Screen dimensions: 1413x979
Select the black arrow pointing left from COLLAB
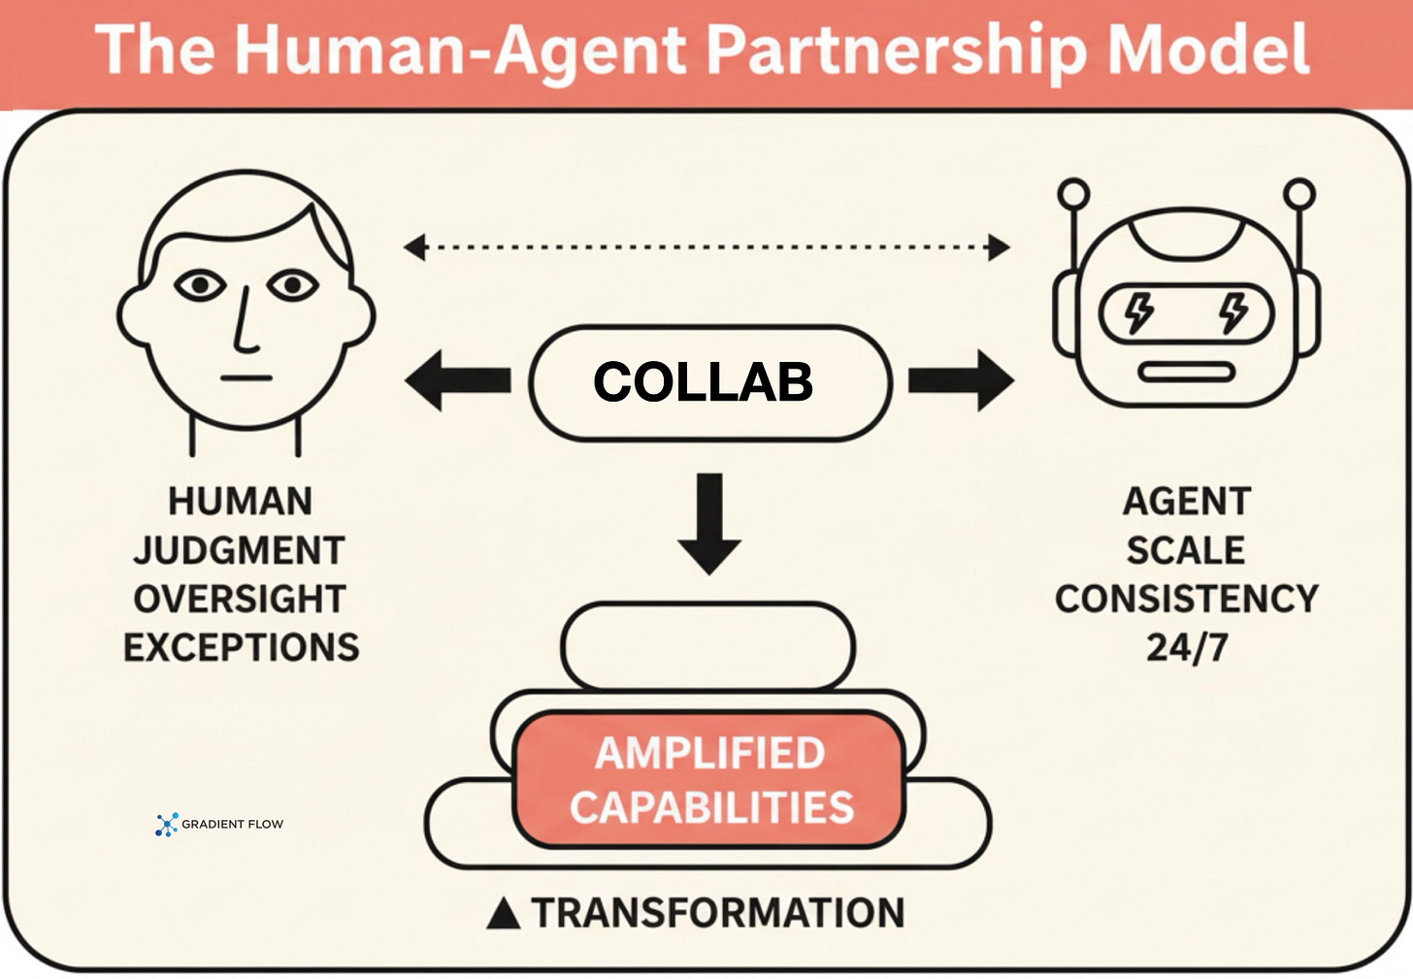[x=456, y=380]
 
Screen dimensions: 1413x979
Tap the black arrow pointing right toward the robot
[x=961, y=380]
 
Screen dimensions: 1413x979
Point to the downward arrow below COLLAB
[x=709, y=524]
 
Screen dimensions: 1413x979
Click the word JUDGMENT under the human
[x=240, y=550]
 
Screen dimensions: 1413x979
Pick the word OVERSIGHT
[x=240, y=599]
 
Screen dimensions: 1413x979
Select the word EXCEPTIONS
[x=242, y=647]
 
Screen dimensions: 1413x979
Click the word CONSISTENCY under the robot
[x=1186, y=599]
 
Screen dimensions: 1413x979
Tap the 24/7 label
[x=1186, y=647]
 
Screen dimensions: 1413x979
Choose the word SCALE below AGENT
[x=1186, y=550]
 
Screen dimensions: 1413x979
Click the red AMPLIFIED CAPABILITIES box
[x=709, y=780]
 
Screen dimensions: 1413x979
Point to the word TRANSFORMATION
[x=718, y=913]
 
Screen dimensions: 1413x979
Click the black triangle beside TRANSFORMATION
[x=503, y=914]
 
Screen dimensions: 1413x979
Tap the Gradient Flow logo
[x=167, y=825]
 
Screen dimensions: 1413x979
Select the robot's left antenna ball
[x=1073, y=194]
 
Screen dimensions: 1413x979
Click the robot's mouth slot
[x=1186, y=373]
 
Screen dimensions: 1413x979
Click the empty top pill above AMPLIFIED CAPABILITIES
[x=707, y=645]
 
